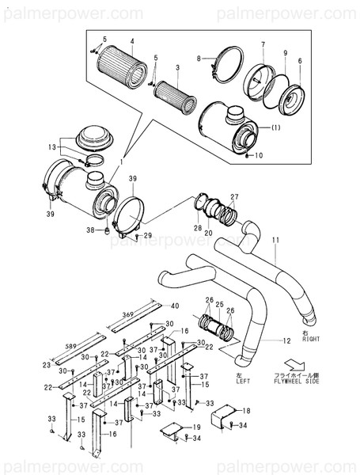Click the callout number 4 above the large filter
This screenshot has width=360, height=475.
133,40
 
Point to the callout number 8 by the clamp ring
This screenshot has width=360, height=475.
201,59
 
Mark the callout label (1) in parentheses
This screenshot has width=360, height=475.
275,127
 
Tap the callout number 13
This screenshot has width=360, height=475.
51,147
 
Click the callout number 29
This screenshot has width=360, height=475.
147,236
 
